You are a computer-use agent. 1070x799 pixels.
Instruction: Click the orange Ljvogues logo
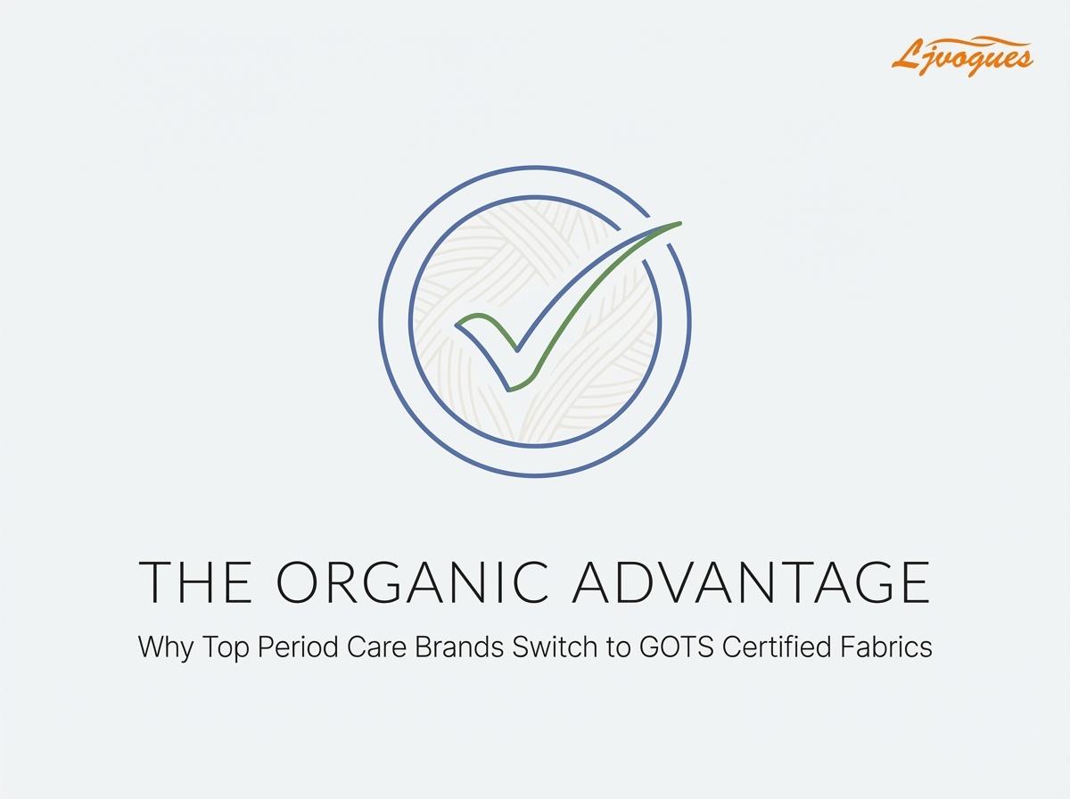(x=962, y=58)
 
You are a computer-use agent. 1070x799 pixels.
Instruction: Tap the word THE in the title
(x=195, y=582)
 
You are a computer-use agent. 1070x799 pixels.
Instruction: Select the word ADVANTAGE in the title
(x=751, y=582)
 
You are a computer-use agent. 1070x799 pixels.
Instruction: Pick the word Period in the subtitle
(x=297, y=647)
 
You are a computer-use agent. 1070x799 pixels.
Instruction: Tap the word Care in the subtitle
(x=376, y=647)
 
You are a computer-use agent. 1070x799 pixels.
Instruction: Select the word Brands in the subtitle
(x=458, y=647)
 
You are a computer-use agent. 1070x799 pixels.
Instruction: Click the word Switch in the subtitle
(x=555, y=647)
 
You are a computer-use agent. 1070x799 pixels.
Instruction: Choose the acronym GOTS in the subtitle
(x=677, y=647)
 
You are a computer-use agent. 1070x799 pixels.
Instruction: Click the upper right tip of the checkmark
(x=680, y=223)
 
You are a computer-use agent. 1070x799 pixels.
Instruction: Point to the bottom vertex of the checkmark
(x=509, y=390)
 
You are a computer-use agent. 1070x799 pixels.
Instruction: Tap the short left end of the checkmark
(x=457, y=325)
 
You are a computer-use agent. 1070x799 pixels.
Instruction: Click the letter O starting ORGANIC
(x=297, y=582)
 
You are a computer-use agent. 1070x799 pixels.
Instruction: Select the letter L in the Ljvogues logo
(x=906, y=54)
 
